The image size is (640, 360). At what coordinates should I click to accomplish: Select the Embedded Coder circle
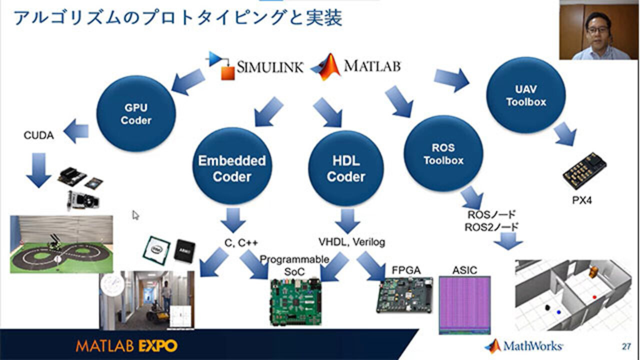click(232, 168)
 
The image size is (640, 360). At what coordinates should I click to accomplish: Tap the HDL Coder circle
click(346, 168)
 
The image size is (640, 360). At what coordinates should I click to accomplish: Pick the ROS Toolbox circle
click(443, 154)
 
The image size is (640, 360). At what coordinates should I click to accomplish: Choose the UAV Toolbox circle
click(526, 95)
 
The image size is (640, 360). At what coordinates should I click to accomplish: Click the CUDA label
click(38, 135)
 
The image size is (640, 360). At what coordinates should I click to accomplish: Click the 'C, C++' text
click(241, 242)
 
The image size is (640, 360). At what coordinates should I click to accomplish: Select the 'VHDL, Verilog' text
click(352, 242)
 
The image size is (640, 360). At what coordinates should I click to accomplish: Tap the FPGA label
click(406, 270)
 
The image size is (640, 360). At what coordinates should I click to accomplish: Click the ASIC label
click(464, 270)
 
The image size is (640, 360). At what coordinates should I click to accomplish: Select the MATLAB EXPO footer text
click(126, 345)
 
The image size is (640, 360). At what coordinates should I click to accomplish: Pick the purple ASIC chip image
click(464, 304)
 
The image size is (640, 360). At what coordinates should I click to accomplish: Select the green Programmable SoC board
click(294, 302)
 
